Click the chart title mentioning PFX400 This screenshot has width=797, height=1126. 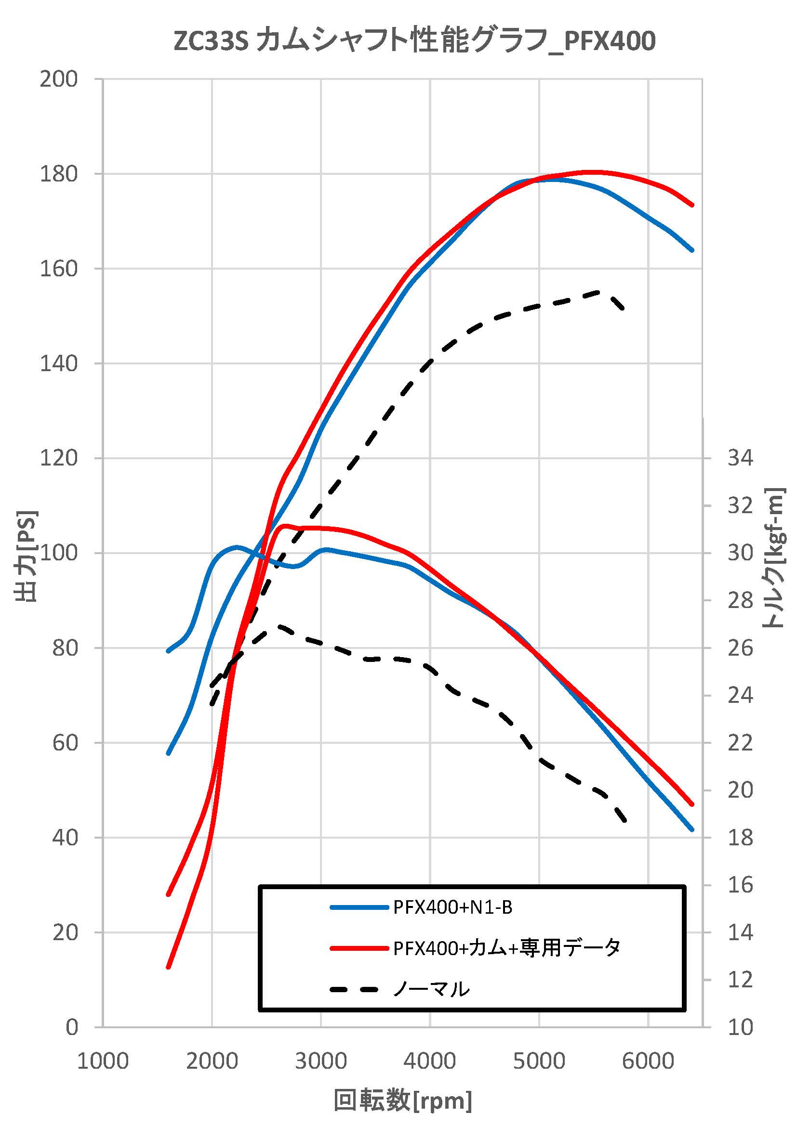(415, 41)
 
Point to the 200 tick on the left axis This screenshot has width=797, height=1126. (58, 79)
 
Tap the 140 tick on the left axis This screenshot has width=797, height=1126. (58, 363)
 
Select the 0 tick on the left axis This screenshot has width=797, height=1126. (72, 1026)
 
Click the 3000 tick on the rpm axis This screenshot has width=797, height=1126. (321, 1061)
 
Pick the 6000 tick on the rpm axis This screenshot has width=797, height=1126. (648, 1061)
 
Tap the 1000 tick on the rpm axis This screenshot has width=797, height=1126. (103, 1061)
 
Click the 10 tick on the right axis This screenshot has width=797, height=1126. (740, 1027)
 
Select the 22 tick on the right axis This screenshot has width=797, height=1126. (740, 742)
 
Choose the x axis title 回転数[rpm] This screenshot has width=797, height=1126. (403, 1100)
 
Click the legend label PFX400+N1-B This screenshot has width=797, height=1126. (452, 908)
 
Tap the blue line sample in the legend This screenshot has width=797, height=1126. (359, 908)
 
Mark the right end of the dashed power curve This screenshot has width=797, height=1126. (623, 309)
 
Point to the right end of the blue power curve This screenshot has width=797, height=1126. (692, 250)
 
